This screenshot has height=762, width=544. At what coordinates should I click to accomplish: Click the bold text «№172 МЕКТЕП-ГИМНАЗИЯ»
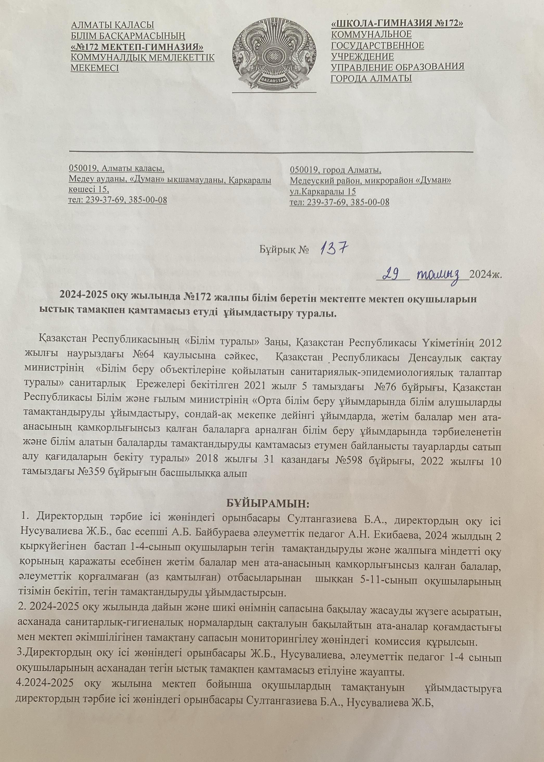[137, 46]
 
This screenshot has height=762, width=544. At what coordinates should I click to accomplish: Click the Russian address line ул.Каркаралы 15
[323, 192]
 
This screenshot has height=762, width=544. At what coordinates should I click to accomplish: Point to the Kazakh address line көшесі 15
[88, 189]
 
